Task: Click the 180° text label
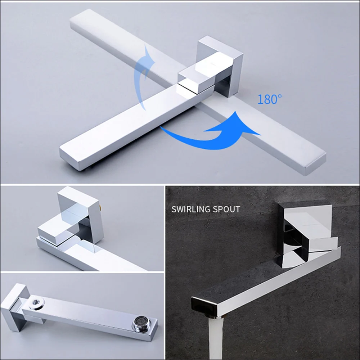[269, 99]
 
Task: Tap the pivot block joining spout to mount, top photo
[196, 77]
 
